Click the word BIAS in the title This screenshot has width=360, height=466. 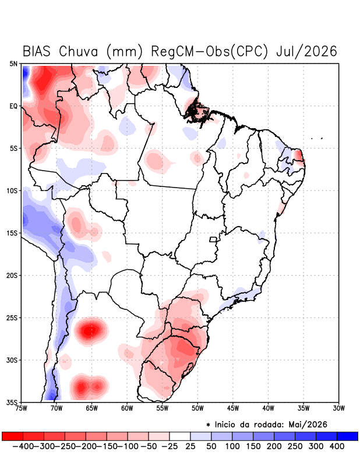[36, 51]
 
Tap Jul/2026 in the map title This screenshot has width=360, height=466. [307, 51]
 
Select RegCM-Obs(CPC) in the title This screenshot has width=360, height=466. [210, 51]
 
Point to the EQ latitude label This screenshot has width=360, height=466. [13, 106]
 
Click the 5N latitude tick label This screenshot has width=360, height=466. [13, 63]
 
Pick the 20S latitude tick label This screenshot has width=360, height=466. [12, 276]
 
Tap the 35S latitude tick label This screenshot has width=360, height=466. [12, 403]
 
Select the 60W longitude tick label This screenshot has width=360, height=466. [127, 408]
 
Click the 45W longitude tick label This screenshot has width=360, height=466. [233, 408]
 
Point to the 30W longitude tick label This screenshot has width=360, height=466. [338, 408]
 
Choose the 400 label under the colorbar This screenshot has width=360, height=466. [337, 446]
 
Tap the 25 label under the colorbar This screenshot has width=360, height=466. [190, 446]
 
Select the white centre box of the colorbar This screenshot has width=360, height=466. [180, 436]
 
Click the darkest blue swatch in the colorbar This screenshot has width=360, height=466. [348, 436]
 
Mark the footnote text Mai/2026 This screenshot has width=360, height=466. [308, 425]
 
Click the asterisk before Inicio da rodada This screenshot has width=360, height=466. [208, 425]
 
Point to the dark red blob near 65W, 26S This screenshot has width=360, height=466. [91, 330]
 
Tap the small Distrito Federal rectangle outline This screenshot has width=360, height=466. [213, 239]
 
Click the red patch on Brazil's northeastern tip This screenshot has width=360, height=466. [299, 155]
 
